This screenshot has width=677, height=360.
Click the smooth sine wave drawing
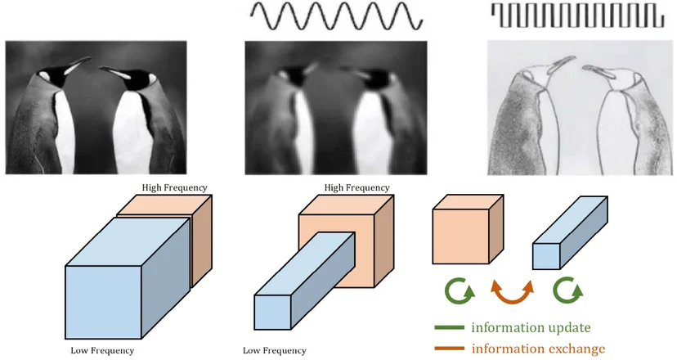coord(336,16)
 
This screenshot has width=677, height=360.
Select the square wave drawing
coord(578,16)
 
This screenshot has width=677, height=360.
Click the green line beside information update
coord(450,327)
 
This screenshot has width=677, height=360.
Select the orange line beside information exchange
coord(450,348)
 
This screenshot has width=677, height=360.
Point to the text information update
coord(531,327)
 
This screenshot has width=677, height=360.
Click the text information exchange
coord(538,349)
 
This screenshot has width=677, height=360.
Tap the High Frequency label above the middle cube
coord(356,187)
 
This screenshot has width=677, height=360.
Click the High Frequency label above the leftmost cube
coord(174,187)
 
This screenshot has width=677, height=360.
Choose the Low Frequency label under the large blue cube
coord(102,350)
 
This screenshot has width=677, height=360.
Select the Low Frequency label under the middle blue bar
coord(274,350)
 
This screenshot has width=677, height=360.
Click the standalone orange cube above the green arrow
coord(468,229)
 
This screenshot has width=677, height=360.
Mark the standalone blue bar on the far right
coord(570,233)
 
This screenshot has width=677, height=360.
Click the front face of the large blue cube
coord(103,302)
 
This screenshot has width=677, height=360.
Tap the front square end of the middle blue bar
coord(272,313)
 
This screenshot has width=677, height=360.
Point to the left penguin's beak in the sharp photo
coord(78,64)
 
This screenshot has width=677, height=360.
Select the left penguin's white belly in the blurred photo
coord(305,129)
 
